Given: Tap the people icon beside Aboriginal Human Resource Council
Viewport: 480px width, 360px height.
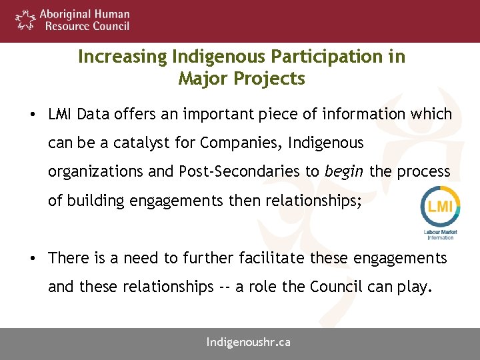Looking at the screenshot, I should [x=25, y=19].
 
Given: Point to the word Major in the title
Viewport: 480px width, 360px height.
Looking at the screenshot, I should [x=202, y=79].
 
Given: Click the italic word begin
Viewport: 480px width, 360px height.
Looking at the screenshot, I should [x=344, y=171].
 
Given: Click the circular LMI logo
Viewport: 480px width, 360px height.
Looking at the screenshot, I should [x=441, y=207].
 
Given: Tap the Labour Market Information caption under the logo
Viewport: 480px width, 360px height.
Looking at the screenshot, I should [x=441, y=234].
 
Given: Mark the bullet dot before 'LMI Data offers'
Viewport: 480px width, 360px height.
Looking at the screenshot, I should [x=32, y=115].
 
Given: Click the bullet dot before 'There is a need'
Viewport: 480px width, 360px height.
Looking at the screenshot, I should [x=32, y=258].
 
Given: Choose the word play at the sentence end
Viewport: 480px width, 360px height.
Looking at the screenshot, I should [x=417, y=287].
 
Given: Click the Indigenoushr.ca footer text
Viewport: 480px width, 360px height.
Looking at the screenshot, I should [x=248, y=343].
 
